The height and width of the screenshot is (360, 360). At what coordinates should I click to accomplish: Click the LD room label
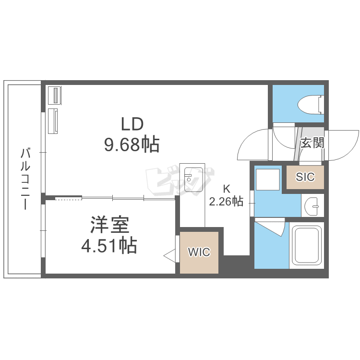(x=132, y=124)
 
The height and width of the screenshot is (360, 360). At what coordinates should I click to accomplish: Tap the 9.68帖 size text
(x=132, y=145)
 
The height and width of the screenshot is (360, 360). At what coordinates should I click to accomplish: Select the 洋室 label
(x=110, y=224)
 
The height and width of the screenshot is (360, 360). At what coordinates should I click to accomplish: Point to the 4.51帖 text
(x=109, y=246)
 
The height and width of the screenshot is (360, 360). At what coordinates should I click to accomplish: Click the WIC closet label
(x=199, y=252)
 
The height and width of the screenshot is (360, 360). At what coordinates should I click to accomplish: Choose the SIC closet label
(x=305, y=177)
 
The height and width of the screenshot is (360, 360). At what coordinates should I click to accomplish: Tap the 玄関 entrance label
(x=312, y=143)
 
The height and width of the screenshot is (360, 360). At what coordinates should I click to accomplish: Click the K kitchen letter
(x=227, y=189)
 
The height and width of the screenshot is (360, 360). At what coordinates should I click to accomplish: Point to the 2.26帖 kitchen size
(x=226, y=201)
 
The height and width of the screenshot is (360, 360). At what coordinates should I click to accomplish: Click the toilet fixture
(x=311, y=105)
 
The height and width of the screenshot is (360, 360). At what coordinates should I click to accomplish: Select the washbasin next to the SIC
(x=312, y=206)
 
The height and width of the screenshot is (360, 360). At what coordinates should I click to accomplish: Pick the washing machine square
(x=268, y=180)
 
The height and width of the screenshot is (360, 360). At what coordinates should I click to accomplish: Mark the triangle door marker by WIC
(x=169, y=255)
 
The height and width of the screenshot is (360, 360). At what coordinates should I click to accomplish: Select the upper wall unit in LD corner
(x=55, y=96)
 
